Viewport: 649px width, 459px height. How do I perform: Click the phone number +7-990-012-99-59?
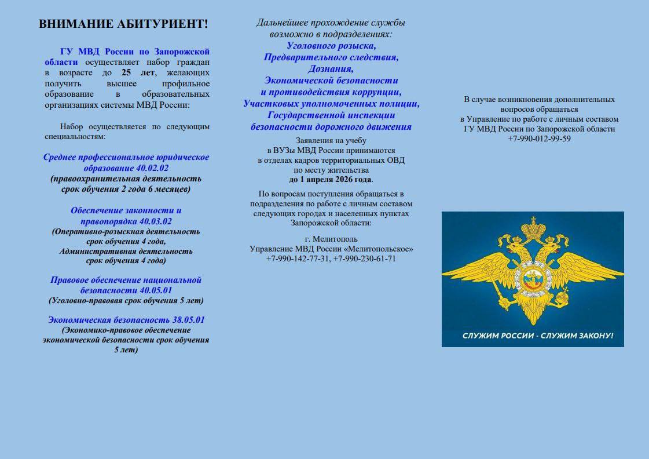point(539,139)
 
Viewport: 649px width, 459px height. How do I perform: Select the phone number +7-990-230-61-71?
point(365,258)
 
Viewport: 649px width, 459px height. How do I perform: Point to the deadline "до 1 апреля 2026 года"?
point(330,179)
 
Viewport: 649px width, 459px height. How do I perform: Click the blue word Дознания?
point(331,69)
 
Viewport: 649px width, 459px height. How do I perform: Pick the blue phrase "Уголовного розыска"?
point(331,45)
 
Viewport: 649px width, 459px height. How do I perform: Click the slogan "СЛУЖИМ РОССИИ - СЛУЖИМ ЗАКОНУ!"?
point(533,336)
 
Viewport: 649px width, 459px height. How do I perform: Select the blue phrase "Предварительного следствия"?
point(331,57)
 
